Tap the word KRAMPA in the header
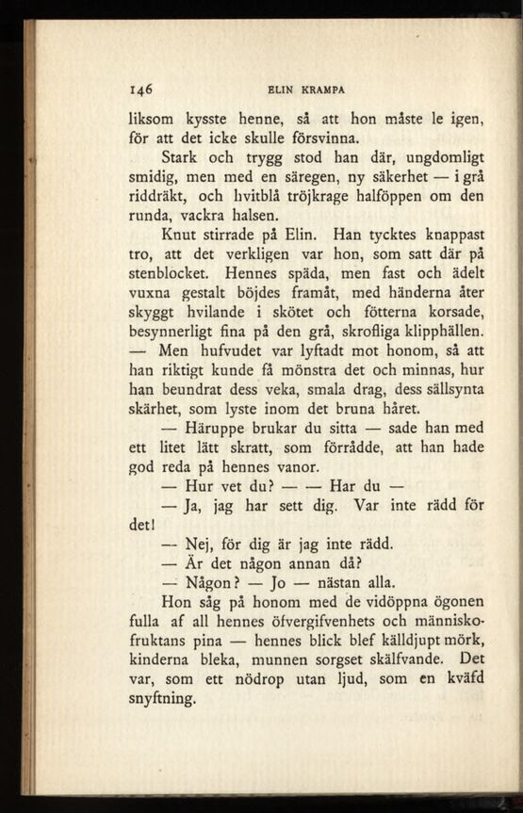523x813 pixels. pos(323,90)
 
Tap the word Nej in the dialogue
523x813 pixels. pos(197,545)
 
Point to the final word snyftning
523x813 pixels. pos(161,700)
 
